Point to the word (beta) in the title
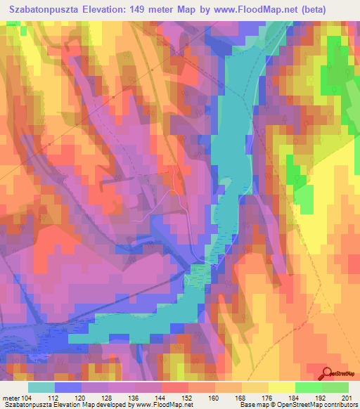pyautogui.click(x=331, y=11)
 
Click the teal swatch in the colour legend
pyautogui.click(x=41, y=387)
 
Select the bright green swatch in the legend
pyautogui.click(x=309, y=387)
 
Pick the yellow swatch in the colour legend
pyautogui.click(x=281, y=387)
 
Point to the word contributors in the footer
pyautogui.click(x=342, y=404)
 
